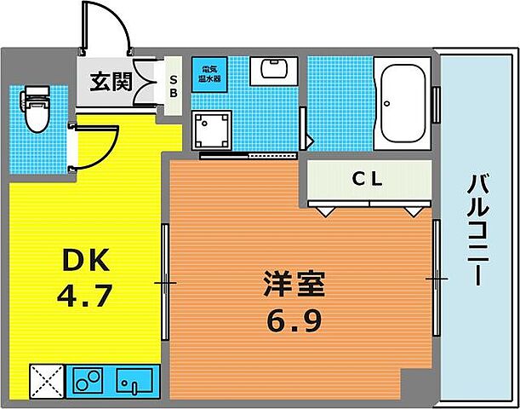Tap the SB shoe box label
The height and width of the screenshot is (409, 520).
[x=174, y=83]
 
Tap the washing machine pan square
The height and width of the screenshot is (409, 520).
[x=211, y=130]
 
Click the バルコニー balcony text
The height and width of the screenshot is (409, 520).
[x=477, y=231]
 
